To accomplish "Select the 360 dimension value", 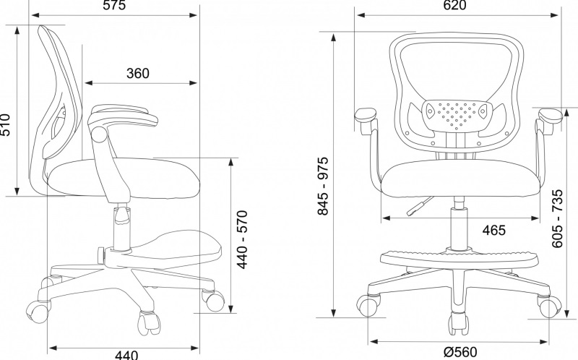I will (137, 73).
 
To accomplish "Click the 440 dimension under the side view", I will (126, 354).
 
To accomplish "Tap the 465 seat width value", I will (493, 231).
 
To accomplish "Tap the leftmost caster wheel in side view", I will (37, 310).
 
